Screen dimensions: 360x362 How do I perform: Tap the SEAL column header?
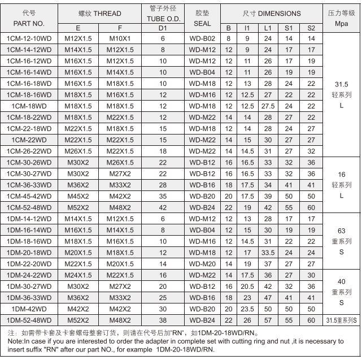tap(202, 24)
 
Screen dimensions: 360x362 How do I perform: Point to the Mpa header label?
tap(341, 24)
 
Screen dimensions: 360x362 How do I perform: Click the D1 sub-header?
tap(163, 28)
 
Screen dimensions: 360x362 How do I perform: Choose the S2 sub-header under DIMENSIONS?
tap(311, 28)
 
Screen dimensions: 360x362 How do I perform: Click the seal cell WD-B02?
tap(202, 38)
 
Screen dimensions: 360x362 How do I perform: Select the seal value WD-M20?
tap(202, 263)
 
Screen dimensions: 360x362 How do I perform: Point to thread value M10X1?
tap(120, 38)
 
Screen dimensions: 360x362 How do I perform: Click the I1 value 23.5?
tap(246, 309)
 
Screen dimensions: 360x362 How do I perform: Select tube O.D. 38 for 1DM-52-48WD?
tap(163, 320)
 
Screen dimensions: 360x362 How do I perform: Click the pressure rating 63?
tap(341, 231)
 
